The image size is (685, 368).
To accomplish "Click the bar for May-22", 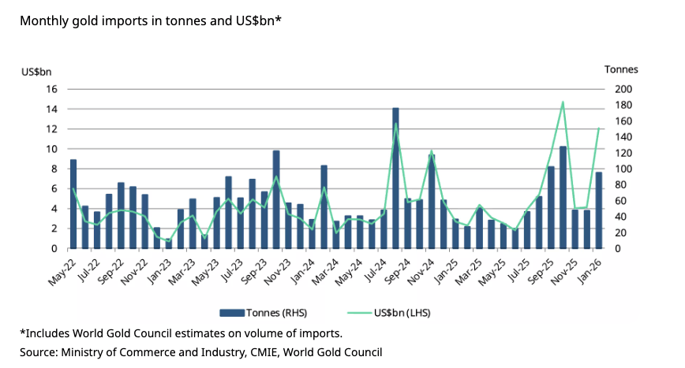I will pos(73,204).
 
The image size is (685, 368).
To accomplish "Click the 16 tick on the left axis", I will pos(52,89).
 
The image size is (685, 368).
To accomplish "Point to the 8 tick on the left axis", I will pos(54,169).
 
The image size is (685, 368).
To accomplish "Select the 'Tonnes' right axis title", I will pos(621,69).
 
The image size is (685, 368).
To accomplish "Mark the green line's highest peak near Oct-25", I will pos(563,102).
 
